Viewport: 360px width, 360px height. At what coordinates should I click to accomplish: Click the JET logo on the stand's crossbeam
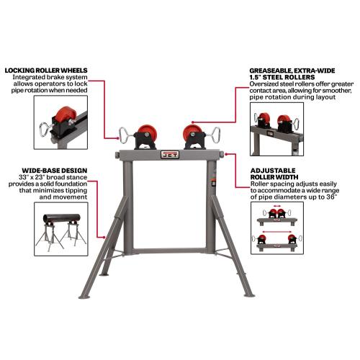[170, 154]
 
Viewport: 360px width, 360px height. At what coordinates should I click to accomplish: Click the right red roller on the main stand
[192, 134]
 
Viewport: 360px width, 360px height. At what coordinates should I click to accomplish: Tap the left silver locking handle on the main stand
[126, 135]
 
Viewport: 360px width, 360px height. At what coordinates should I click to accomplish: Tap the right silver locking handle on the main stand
[212, 135]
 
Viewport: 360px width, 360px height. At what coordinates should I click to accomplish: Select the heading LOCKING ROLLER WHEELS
[46, 71]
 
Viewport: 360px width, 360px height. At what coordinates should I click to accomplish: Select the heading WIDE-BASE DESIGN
[55, 171]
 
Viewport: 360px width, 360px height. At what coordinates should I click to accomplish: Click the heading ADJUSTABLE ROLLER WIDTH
[274, 174]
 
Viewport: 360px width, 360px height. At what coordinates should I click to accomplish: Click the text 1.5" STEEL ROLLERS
[282, 77]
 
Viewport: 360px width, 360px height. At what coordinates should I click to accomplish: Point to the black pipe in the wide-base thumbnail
[62, 218]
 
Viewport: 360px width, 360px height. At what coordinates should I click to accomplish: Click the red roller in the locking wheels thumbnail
[63, 115]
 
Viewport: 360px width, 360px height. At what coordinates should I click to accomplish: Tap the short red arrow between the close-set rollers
[277, 206]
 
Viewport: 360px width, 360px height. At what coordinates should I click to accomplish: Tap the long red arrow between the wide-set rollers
[276, 232]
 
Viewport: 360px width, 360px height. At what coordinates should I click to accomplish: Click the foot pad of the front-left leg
[84, 297]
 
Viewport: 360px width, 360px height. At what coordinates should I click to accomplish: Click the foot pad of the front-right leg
[249, 295]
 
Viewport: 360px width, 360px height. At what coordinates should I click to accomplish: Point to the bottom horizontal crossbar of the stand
[169, 251]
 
